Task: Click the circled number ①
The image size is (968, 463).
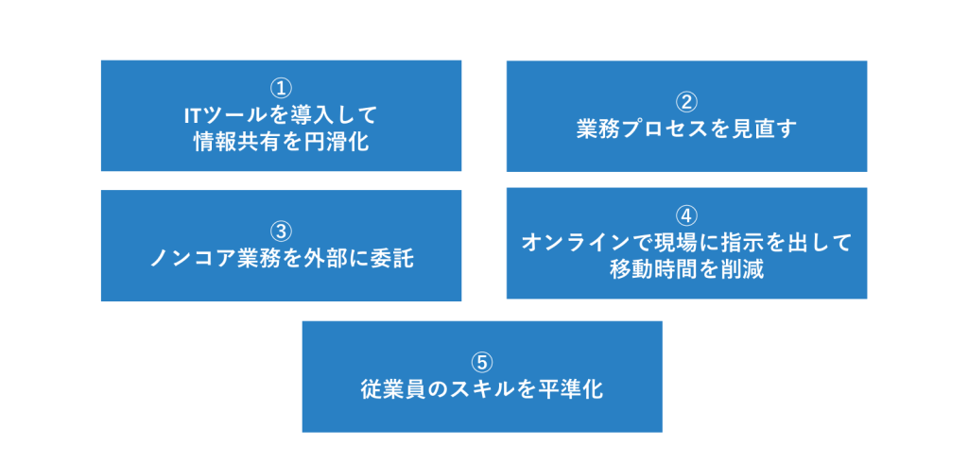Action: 281,89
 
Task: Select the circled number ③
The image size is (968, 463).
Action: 281,231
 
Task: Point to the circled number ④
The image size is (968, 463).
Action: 686,215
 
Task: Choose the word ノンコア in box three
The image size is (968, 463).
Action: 193,259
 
